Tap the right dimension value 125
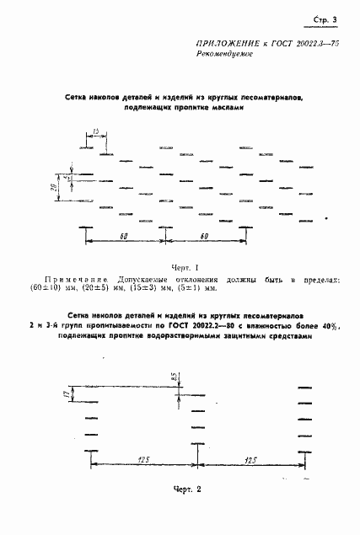click(251, 459)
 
